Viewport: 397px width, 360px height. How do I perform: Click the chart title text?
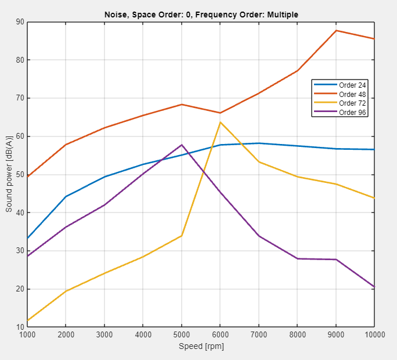(x=201, y=14)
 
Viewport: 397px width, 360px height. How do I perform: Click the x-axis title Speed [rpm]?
(x=201, y=347)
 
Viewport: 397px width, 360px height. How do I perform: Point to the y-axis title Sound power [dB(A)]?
(x=9, y=175)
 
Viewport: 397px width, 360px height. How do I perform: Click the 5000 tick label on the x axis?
(x=182, y=334)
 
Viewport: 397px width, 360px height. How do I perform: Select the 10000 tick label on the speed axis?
(x=373, y=334)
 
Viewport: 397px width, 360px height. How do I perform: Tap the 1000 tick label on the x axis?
(x=27, y=334)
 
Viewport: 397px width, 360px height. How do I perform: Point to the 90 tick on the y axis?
(x=20, y=22)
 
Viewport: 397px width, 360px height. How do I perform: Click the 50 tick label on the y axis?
(x=20, y=175)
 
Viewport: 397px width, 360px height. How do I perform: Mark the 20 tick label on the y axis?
(x=20, y=289)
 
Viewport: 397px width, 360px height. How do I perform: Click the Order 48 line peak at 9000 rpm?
(x=336, y=30)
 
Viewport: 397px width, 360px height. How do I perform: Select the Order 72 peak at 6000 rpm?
(x=220, y=122)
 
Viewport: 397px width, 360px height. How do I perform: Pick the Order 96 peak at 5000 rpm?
(x=182, y=145)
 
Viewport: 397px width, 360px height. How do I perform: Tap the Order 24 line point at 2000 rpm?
(x=66, y=197)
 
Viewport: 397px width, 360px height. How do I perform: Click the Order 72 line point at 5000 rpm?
(x=182, y=235)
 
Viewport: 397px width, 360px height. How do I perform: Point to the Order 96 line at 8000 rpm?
(x=297, y=258)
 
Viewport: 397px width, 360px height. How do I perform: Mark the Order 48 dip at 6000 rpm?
(x=220, y=113)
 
